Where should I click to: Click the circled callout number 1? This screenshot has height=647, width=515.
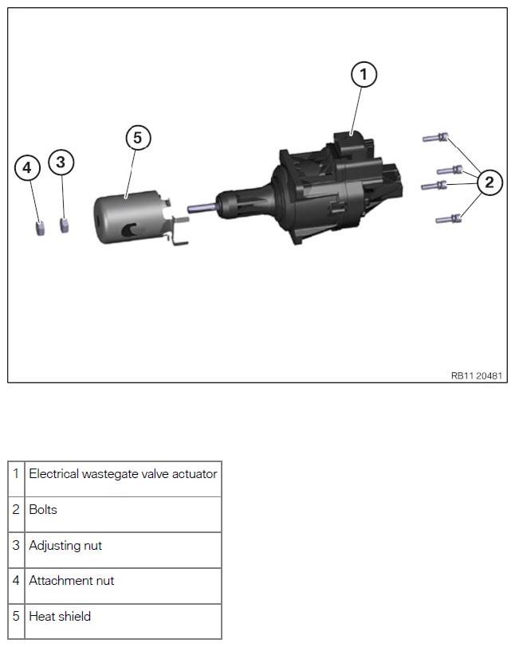pos(364,74)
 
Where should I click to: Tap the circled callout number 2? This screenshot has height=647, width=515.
pos(489,182)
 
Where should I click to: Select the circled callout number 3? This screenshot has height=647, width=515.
pos(61,162)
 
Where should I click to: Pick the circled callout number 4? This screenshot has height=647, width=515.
pos(27,168)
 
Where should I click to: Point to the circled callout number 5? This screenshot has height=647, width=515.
pos(138,137)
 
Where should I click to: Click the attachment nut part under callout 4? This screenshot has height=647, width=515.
pos(40,228)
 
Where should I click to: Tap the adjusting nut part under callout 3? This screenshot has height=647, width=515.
pos(64,225)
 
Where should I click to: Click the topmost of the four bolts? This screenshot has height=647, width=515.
pos(435,137)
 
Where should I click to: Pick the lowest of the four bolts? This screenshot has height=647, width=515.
pos(448,218)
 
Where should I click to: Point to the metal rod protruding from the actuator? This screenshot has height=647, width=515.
pos(202,207)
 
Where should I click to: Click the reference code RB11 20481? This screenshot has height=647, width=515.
pos(477,376)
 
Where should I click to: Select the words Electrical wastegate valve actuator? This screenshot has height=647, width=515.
pos(123,473)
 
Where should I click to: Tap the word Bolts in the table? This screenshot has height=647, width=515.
pos(43,510)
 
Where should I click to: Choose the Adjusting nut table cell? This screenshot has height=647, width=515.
pos(123,550)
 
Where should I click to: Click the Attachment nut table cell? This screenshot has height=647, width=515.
pos(123,586)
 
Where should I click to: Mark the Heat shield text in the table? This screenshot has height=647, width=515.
pos(60,617)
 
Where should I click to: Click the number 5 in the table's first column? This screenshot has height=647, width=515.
pos(16,617)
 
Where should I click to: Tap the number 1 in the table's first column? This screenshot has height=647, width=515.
pos(16,473)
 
